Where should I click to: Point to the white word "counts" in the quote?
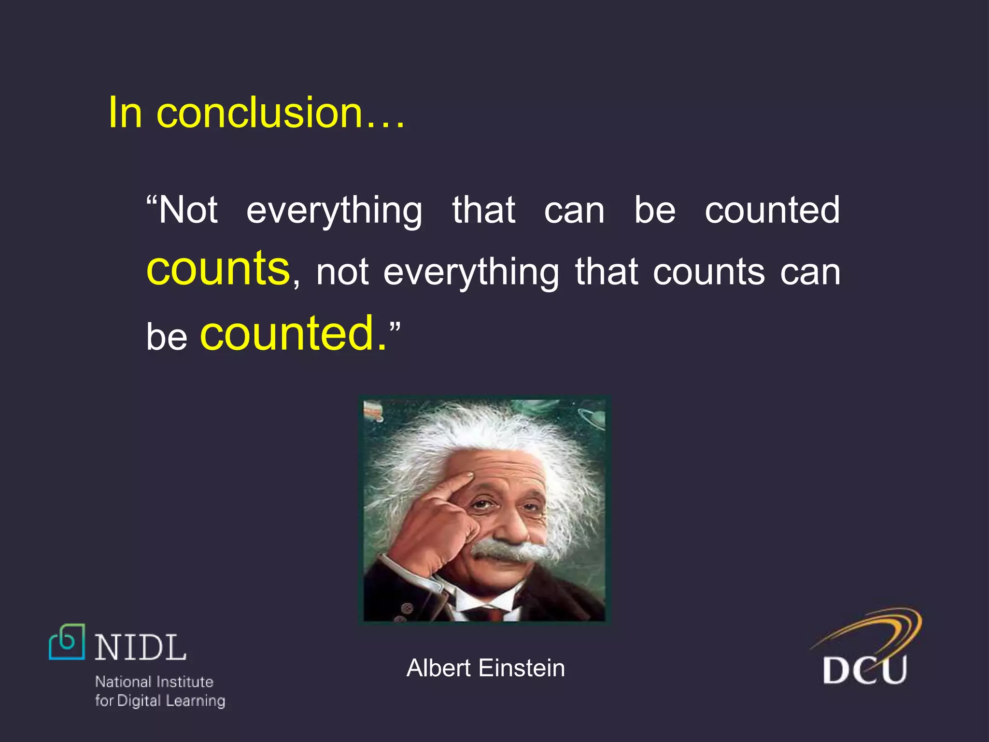pos(709,272)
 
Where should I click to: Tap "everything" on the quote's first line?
pos(334,211)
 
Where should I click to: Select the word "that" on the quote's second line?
pos(607,272)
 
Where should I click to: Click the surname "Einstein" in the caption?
pos(522,668)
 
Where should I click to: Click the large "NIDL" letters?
pos(141,647)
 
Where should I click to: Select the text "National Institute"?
pos(154,682)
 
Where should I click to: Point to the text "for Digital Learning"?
pos(160,700)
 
